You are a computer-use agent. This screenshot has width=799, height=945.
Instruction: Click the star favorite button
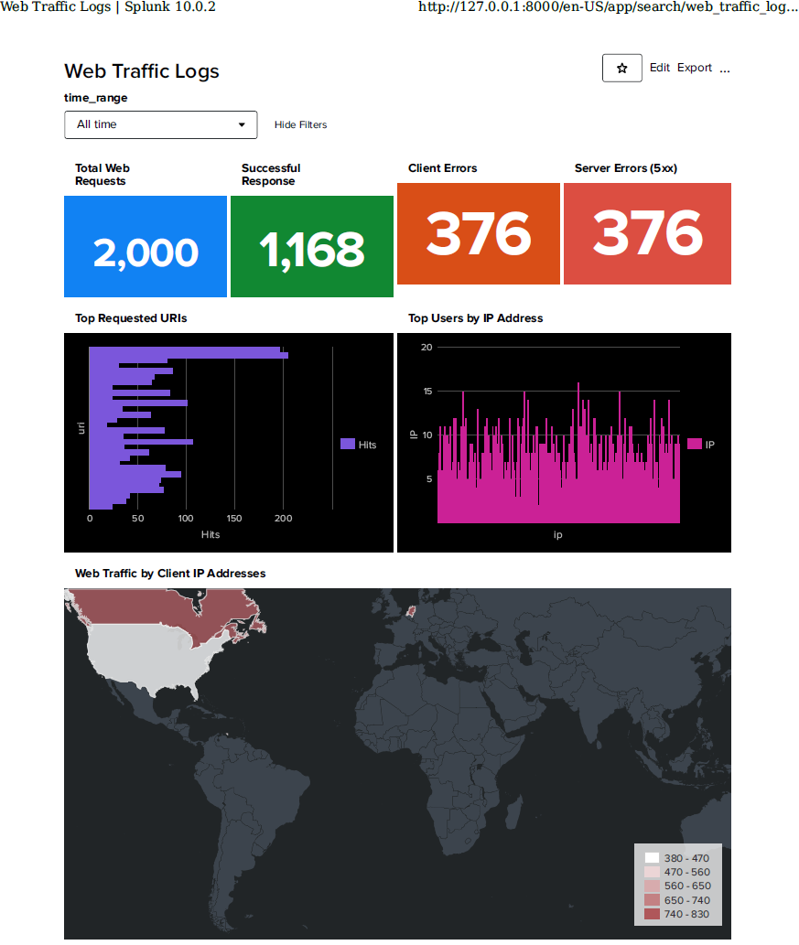[622, 69]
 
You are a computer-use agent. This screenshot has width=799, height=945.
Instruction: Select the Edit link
[660, 68]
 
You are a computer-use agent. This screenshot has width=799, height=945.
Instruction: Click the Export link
[695, 68]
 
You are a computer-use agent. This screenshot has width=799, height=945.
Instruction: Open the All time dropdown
[160, 124]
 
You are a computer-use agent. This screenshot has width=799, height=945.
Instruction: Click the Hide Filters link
[300, 125]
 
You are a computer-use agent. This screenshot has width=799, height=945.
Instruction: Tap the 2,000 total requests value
[146, 252]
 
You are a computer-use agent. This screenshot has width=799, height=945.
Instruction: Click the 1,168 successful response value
[311, 250]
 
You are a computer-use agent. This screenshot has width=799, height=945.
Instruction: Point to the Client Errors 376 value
[478, 234]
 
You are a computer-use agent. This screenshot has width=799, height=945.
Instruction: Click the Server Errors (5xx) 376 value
[647, 234]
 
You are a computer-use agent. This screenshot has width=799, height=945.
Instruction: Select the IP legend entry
[702, 445]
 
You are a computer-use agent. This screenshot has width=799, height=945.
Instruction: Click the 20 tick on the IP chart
[426, 348]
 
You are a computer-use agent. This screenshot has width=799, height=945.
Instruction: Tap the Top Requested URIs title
[131, 318]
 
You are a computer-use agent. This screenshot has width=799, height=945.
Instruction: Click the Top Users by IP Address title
[475, 318]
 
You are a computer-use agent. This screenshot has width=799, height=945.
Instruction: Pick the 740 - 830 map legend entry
[677, 914]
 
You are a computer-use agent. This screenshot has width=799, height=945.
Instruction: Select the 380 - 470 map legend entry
[677, 858]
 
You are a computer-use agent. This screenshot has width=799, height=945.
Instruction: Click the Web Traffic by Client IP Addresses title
[170, 574]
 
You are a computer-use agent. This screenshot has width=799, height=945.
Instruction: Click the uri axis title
[81, 427]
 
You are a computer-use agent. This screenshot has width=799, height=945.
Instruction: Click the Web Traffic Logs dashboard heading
[142, 71]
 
